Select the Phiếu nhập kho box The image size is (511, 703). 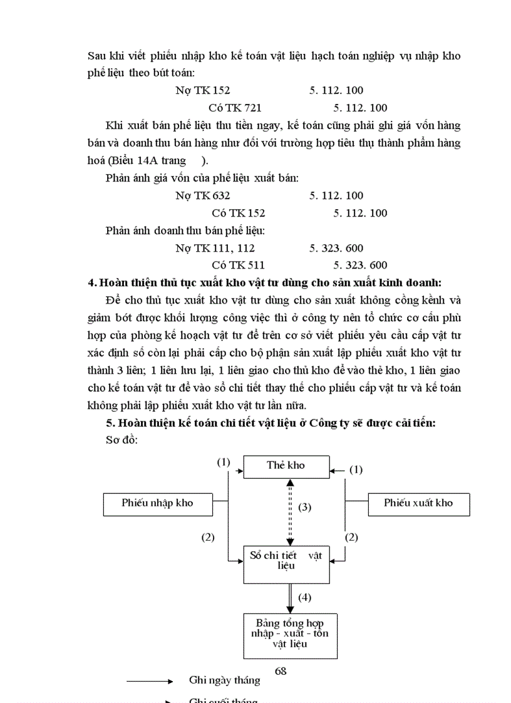tap(158, 503)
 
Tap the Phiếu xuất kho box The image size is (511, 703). tap(418, 503)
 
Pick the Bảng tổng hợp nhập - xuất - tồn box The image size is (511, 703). tap(286, 634)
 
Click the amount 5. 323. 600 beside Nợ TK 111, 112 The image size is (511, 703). tap(336, 248)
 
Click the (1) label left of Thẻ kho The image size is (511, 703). tap(224, 462)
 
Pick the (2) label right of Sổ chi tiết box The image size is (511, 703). tap(353, 536)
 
